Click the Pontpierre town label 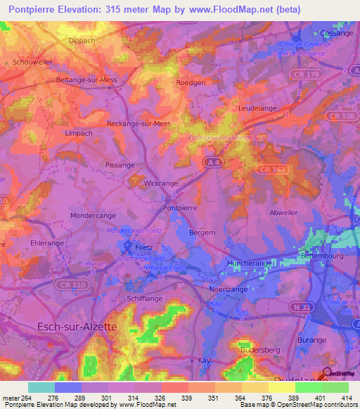[180, 208]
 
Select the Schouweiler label [32, 62]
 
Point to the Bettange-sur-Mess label [86, 80]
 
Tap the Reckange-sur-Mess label [139, 124]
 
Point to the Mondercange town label [94, 216]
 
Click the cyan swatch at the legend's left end [41, 387]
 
